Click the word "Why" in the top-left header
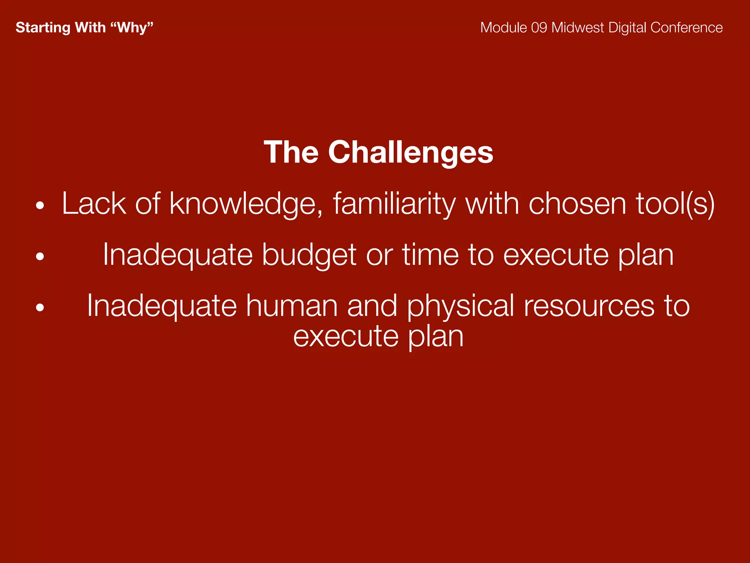(132, 28)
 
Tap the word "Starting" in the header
(43, 28)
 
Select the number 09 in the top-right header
(539, 28)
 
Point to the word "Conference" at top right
(686, 28)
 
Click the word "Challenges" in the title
(411, 152)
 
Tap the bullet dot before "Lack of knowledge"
(40, 206)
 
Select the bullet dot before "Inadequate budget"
(40, 257)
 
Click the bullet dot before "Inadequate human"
(40, 308)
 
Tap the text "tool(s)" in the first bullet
(675, 204)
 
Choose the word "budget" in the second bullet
(309, 255)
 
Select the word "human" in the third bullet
(292, 306)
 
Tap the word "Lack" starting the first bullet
(94, 204)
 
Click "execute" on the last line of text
(346, 336)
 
